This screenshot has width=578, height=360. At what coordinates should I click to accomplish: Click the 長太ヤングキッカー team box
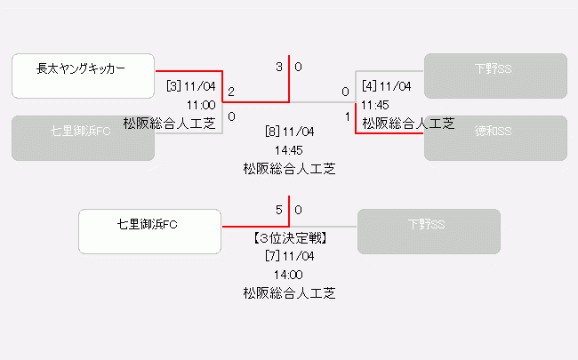coord(83,76)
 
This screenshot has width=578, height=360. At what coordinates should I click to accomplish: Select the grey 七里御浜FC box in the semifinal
coord(83,138)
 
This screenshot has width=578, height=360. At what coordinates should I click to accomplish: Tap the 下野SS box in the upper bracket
coord(495,76)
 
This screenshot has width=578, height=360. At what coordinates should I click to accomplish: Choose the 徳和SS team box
coord(495,138)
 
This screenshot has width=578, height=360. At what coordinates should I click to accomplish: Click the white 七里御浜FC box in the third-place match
coord(149,231)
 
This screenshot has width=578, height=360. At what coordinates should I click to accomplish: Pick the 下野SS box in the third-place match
coord(429,231)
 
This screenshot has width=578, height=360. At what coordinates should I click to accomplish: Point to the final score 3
coord(279,67)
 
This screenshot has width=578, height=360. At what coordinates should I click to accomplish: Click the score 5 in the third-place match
coord(279,211)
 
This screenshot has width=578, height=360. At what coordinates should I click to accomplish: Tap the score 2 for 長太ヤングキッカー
coord(231,92)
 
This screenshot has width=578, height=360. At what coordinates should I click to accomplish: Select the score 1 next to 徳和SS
coord(347,116)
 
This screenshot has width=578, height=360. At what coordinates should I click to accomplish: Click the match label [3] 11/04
coord(191,86)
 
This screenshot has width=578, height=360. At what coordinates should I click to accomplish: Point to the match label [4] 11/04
coord(386,86)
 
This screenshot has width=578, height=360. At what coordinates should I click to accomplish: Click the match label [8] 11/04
coord(289,132)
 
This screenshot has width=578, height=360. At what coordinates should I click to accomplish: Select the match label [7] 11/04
coord(289,256)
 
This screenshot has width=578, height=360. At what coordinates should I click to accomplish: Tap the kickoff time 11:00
coord(202,105)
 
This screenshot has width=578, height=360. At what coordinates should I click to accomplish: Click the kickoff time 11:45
coord(375,105)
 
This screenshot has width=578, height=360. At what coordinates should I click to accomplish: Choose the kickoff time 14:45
coord(289,149)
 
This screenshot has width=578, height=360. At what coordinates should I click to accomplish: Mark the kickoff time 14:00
coord(289,274)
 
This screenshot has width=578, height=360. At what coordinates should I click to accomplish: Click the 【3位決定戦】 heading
coord(289,238)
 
